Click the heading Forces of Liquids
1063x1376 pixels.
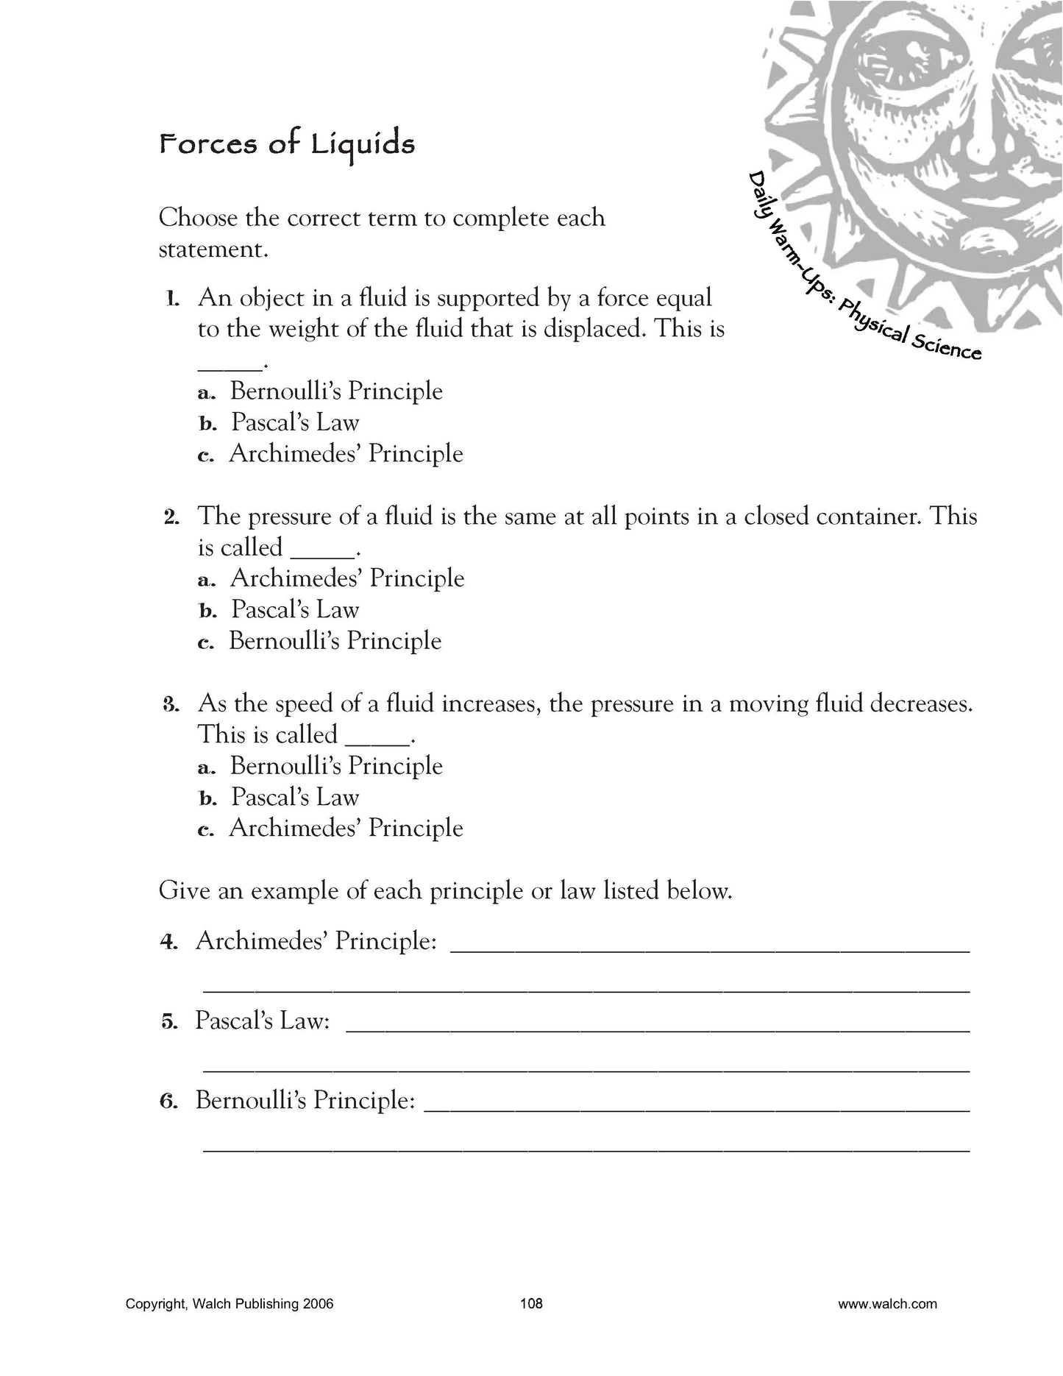pyautogui.click(x=287, y=143)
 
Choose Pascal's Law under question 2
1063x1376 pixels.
pyautogui.click(x=294, y=609)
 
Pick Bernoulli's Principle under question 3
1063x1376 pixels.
pyautogui.click(x=336, y=766)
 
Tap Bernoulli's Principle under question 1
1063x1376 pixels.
pyautogui.click(x=336, y=391)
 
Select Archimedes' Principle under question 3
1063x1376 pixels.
pyautogui.click(x=346, y=828)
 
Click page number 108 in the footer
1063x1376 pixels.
pyautogui.click(x=531, y=1304)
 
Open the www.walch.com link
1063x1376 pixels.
pyautogui.click(x=887, y=1304)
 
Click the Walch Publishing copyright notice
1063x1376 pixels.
pyautogui.click(x=230, y=1304)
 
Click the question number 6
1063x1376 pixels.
pyautogui.click(x=169, y=1102)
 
